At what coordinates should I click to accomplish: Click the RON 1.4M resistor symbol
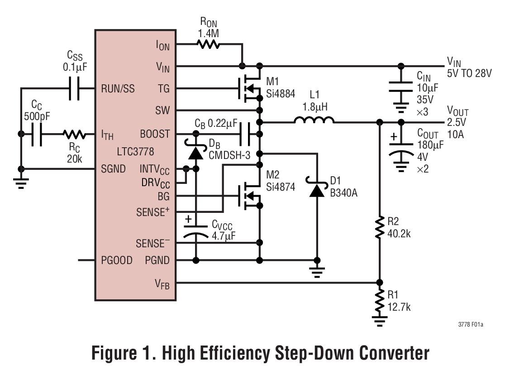pos(208,44)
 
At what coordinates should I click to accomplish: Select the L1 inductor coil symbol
pos(314,121)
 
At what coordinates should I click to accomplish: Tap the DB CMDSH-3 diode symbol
pos(196,152)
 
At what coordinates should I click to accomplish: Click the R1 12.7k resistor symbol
pos(380,300)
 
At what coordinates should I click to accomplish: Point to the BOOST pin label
pos(155,134)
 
